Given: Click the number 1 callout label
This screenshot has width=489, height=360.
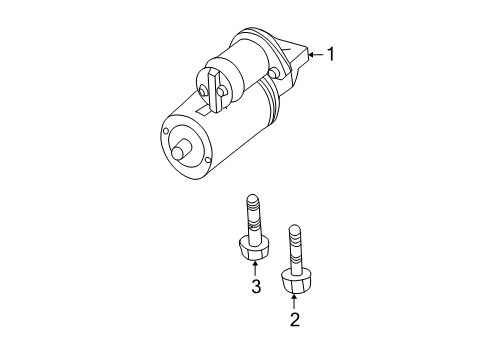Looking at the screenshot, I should click(330, 53).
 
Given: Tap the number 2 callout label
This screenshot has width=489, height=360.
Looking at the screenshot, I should click(295, 320).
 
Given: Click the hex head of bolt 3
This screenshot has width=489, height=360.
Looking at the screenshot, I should click(253, 247).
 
